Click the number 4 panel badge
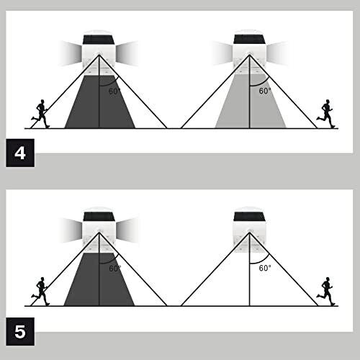click(x=20, y=153)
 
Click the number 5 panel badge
click(x=20, y=331)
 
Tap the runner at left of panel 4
click(x=41, y=114)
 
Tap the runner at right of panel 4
click(x=325, y=114)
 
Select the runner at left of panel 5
click(x=41, y=291)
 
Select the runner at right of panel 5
click(x=325, y=291)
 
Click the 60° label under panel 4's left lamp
click(x=114, y=91)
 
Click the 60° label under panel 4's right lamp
click(x=265, y=91)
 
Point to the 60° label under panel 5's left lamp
click(x=115, y=269)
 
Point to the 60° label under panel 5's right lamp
click(x=265, y=268)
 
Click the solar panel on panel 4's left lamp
click(x=99, y=40)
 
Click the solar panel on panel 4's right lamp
click(x=249, y=40)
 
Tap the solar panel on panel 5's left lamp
click(x=99, y=217)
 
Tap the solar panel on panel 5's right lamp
click(x=249, y=217)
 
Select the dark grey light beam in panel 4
click(x=100, y=102)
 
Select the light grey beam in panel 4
click(x=251, y=102)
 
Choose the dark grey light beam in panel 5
click(x=99, y=279)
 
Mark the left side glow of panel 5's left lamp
click(x=70, y=229)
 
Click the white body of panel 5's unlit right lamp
click(x=249, y=237)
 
